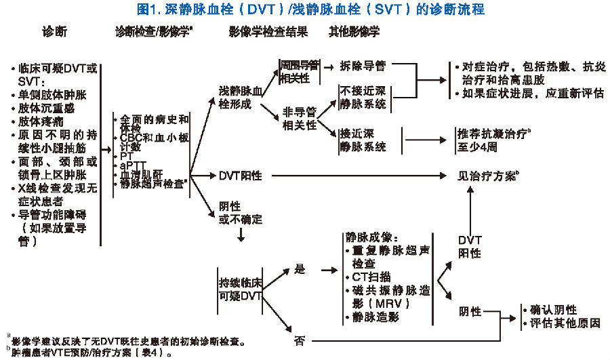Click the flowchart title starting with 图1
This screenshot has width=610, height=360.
(304, 9)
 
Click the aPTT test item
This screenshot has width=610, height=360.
(132, 165)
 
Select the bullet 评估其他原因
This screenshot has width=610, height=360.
(565, 323)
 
